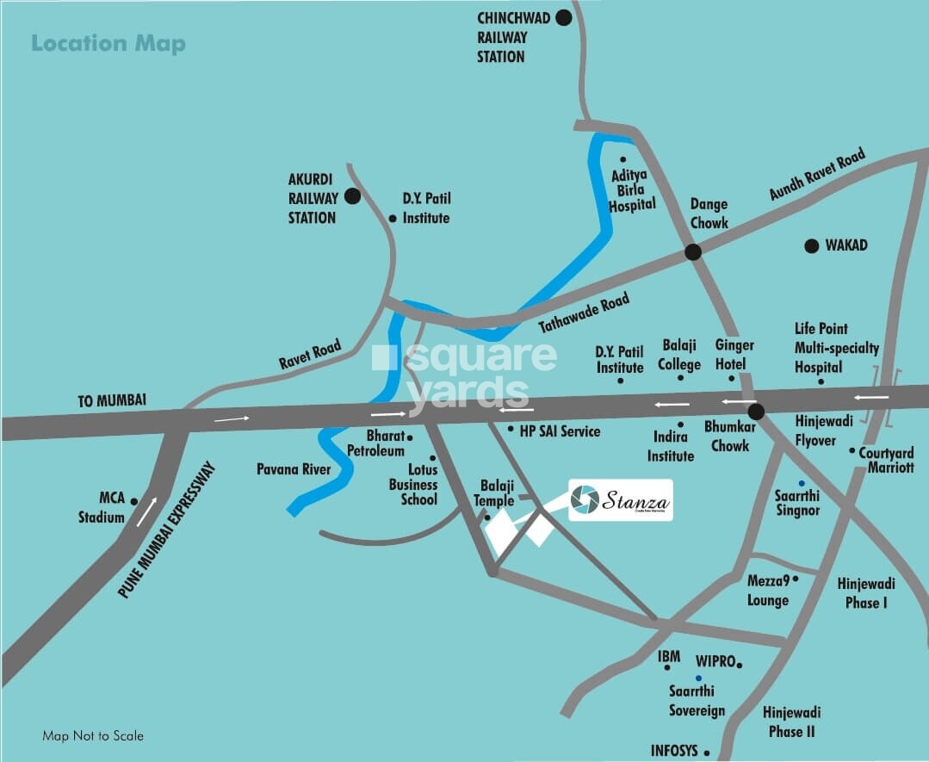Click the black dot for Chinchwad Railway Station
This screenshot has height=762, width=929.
[x=564, y=17]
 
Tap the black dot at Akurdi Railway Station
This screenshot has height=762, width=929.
[x=352, y=196]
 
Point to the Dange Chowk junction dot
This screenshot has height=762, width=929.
[x=693, y=252]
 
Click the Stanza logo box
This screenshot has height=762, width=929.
[x=620, y=500]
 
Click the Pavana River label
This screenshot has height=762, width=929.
[x=294, y=470]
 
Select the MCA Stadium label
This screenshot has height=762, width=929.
[x=112, y=508]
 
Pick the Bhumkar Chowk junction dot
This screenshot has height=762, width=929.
[x=756, y=412]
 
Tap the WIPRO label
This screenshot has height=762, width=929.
[x=714, y=661]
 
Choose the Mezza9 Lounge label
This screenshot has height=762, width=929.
[x=768, y=591]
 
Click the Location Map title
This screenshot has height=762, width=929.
[x=108, y=43]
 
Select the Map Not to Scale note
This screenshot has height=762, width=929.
[x=93, y=736]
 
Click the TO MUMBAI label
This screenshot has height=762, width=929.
[x=111, y=400]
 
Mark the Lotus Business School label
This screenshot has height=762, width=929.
[x=413, y=485]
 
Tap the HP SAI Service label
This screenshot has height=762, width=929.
[x=560, y=431]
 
